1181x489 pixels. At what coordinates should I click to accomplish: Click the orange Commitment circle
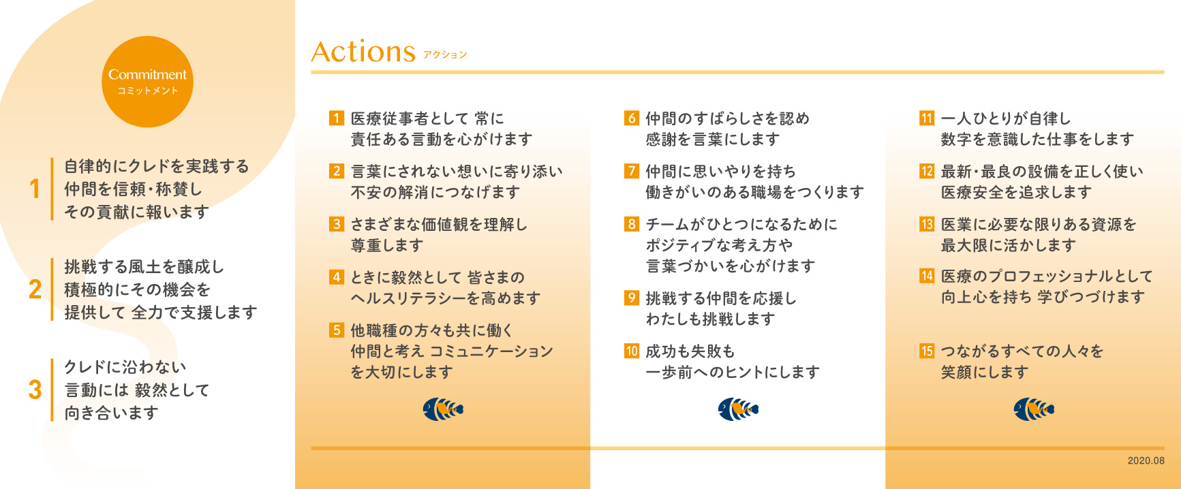click(147, 82)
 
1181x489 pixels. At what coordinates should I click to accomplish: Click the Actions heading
click(363, 52)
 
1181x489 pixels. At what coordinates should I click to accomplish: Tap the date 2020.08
click(1146, 460)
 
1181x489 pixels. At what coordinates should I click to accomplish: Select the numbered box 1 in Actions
click(336, 118)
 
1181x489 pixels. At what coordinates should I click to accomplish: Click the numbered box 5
click(336, 330)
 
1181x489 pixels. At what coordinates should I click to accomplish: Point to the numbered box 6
click(632, 118)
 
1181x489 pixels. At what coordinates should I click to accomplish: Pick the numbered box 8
click(632, 224)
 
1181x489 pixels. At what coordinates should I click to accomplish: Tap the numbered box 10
click(632, 351)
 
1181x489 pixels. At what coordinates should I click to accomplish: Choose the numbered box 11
click(927, 118)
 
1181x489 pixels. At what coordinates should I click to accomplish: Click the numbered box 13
click(927, 224)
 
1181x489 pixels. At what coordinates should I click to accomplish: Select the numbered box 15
click(927, 351)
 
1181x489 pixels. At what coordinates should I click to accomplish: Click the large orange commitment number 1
click(35, 189)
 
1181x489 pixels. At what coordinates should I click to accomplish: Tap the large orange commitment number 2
click(35, 289)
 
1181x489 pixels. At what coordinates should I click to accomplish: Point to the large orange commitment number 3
click(35, 390)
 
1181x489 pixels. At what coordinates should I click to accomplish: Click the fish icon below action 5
click(443, 409)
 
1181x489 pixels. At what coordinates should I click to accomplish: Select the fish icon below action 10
click(738, 409)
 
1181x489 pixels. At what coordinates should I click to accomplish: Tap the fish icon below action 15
click(1034, 409)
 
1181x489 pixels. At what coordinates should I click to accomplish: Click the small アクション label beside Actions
click(445, 54)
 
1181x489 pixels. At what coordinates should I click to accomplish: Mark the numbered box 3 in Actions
click(336, 224)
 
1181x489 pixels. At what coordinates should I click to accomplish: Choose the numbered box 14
click(927, 276)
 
